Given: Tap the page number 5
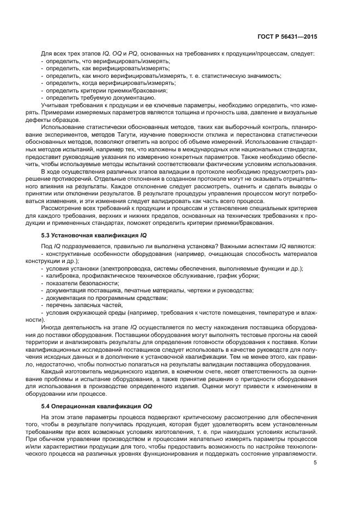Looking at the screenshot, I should (315, 463).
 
